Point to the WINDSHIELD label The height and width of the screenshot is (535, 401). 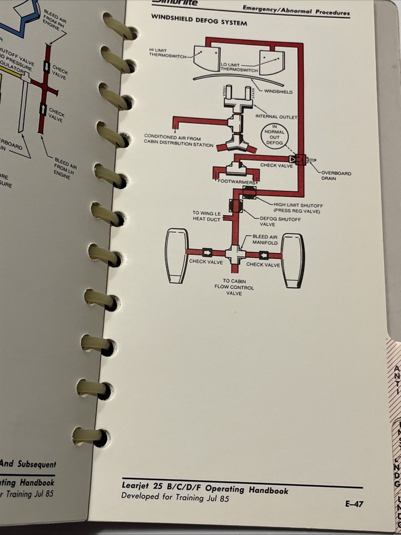point(278,92)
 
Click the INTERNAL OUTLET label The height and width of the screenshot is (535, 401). point(276,116)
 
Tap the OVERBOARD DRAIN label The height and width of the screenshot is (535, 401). point(336,176)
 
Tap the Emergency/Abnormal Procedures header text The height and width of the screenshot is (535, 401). point(296,10)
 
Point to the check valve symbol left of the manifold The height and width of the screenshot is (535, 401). point(206,252)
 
